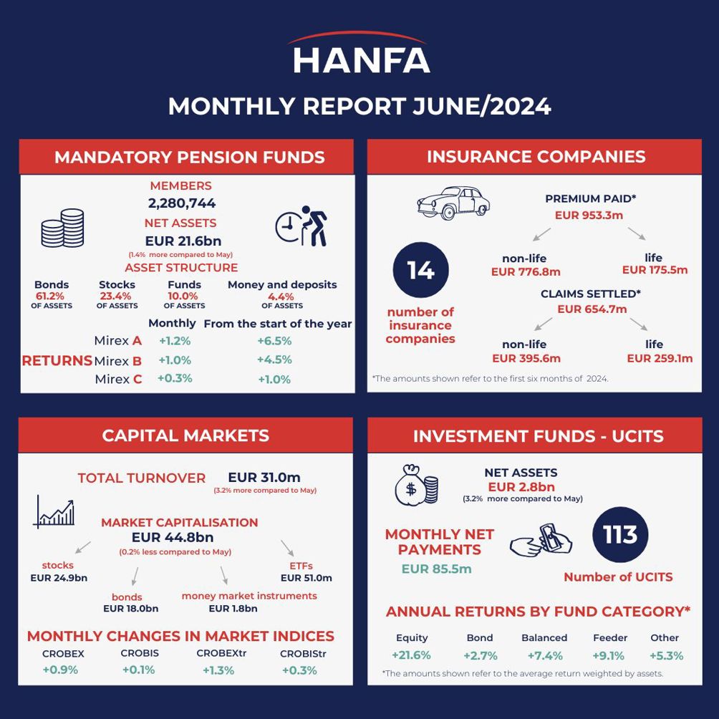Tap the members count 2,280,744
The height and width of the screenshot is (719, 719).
182,203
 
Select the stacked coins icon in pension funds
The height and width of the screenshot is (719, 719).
63,228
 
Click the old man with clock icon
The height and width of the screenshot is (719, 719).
301,226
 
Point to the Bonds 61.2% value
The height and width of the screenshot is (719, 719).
49,296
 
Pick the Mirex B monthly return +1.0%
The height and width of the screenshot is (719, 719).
175,360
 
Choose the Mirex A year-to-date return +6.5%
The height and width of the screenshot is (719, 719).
274,342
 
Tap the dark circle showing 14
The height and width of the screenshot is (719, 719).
420,270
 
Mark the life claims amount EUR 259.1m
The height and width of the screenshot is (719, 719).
660,358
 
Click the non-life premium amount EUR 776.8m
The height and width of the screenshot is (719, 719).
526,271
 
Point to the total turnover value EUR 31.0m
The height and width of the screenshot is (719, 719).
264,478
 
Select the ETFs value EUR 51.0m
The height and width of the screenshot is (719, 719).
306,578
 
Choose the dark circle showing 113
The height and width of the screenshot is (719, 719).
620,535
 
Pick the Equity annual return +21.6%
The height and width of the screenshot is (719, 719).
411,655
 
